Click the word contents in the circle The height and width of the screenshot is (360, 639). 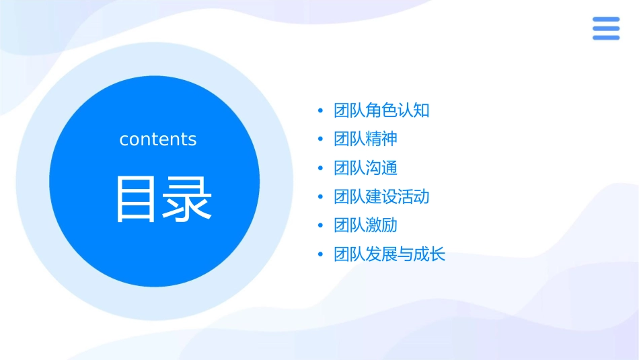tap(158, 139)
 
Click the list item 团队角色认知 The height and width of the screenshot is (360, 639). tap(381, 110)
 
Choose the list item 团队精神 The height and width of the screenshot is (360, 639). tap(365, 139)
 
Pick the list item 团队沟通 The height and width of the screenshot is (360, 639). tap(365, 168)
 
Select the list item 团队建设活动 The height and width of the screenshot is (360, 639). tap(381, 196)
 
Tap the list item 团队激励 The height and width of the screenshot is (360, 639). tap(365, 225)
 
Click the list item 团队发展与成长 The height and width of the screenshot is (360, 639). tap(389, 254)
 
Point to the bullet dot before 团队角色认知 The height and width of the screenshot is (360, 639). tap(320, 110)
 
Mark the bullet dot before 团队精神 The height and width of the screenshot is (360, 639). tap(320, 139)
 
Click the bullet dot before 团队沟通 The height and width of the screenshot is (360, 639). tap(320, 168)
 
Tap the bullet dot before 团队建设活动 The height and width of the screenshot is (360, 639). tap(320, 197)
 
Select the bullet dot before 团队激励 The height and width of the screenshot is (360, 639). tap(320, 225)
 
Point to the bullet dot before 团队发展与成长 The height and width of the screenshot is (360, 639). tap(320, 254)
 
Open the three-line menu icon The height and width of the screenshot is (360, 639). tap(606, 29)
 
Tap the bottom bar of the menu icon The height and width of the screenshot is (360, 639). tap(606, 38)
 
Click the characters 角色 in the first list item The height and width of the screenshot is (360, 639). tap(381, 110)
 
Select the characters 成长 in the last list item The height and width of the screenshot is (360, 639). tap(429, 254)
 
